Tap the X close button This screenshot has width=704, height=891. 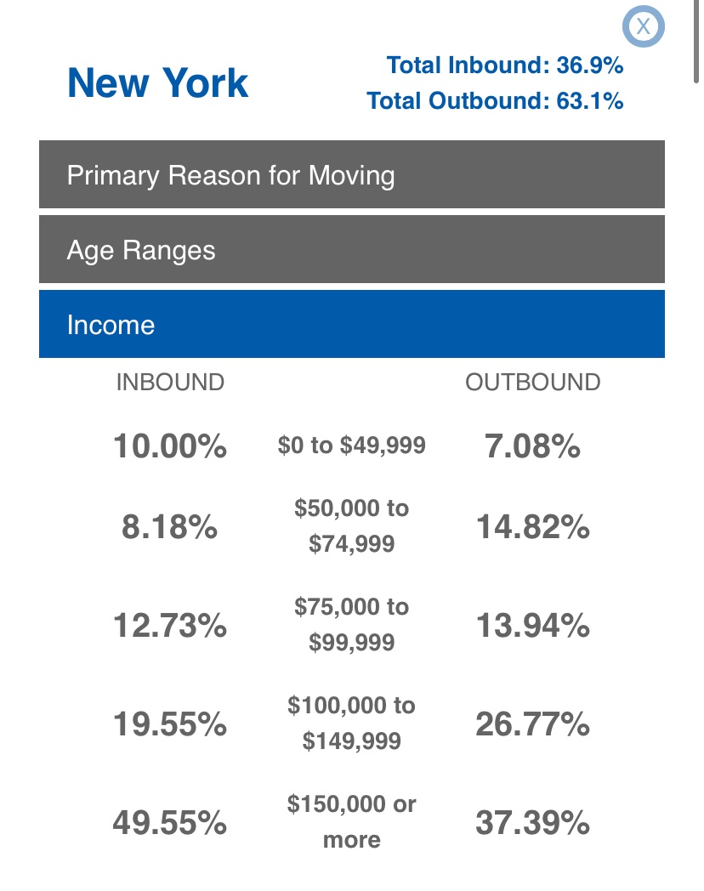643,26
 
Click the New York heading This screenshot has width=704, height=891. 158,83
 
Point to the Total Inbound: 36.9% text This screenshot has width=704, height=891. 505,65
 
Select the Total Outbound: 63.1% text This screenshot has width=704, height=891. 495,101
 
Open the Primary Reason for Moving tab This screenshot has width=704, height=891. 352,175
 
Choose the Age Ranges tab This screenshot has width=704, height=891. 352,250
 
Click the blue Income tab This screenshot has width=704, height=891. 352,325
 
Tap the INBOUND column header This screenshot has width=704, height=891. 170,383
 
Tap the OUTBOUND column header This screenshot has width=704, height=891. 533,383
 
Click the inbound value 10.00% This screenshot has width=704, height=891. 170,445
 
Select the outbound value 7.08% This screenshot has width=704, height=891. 533,445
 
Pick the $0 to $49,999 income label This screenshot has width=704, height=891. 351,445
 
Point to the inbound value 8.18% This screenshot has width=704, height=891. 170,528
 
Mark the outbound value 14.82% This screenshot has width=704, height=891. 533,528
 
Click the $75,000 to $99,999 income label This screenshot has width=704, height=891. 351,625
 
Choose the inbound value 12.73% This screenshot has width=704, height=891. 170,627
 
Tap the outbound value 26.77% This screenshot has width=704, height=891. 533,725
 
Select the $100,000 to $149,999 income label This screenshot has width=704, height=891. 351,724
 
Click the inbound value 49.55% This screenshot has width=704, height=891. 170,823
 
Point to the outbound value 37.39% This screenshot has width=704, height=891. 533,823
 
